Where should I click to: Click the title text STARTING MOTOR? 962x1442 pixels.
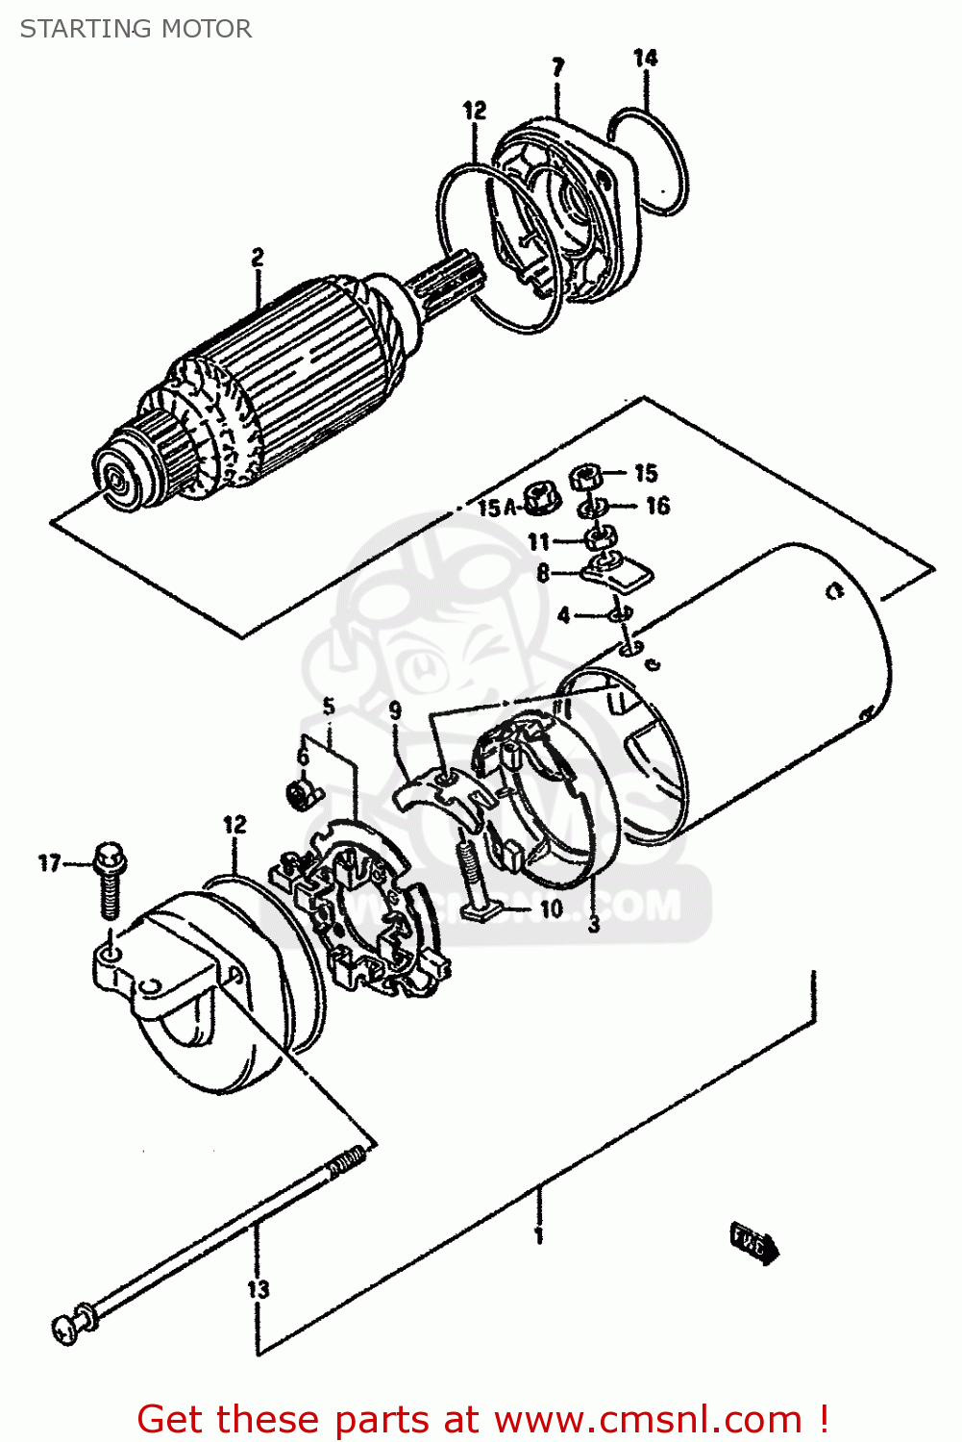[x=136, y=29]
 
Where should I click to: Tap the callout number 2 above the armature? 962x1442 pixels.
[x=258, y=258]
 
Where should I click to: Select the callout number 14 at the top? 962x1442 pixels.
[x=646, y=59]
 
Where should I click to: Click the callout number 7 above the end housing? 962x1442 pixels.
[x=558, y=67]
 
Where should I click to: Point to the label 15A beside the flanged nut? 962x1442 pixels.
[x=497, y=508]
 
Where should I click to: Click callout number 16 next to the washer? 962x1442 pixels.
[x=657, y=506]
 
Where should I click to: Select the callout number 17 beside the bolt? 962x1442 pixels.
[x=50, y=863]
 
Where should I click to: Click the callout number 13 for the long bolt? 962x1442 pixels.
[x=258, y=1289]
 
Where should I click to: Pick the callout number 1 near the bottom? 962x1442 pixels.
[x=539, y=1235]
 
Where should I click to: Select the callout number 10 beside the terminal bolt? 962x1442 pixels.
[x=552, y=908]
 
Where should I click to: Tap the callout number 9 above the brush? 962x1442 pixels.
[x=395, y=711]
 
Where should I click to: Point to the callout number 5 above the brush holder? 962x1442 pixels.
[x=329, y=708]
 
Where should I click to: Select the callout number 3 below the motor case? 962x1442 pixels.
[x=594, y=925]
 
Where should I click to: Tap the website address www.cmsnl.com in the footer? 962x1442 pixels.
[x=648, y=1419]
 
